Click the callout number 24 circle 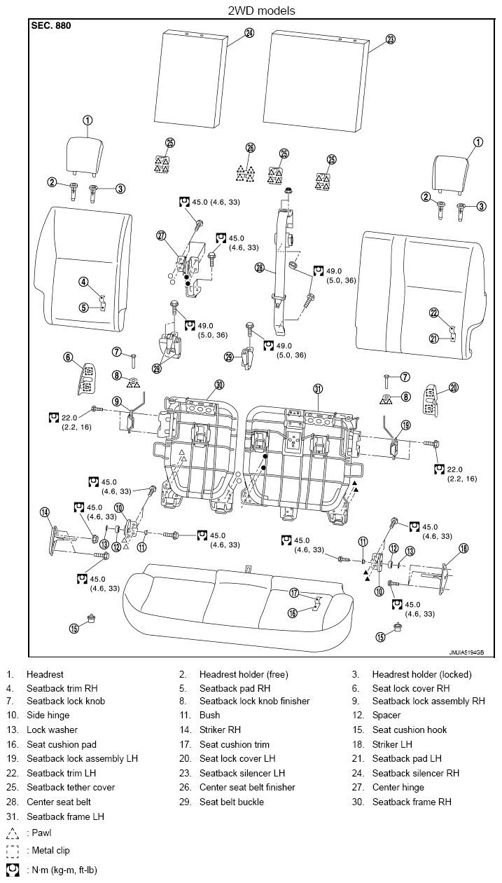click(x=249, y=33)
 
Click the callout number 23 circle click(x=390, y=39)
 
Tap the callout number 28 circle click(x=260, y=268)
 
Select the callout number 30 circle click(x=219, y=385)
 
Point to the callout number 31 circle click(x=318, y=389)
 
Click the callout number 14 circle click(x=45, y=512)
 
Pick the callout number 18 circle click(x=463, y=548)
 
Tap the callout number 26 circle click(x=251, y=148)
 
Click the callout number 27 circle click(x=162, y=235)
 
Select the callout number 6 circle click(x=68, y=357)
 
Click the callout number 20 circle click(x=454, y=388)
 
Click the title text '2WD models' click(x=261, y=11)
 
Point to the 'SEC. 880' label click(x=51, y=26)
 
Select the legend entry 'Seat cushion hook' click(x=410, y=730)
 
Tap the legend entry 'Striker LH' click(x=392, y=744)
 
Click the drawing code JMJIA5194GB click(x=466, y=652)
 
